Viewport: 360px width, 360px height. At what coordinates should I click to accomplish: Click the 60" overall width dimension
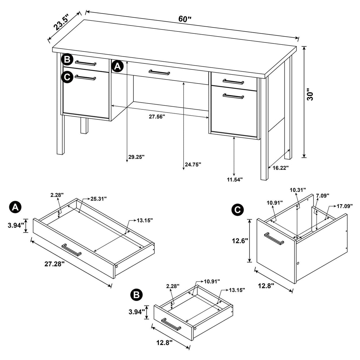tap(185, 19)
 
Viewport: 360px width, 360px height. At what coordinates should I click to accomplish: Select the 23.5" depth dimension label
tap(61, 22)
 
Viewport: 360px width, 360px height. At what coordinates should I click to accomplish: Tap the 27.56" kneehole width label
tap(157, 117)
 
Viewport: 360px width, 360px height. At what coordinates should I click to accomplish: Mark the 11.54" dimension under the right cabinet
tap(234, 179)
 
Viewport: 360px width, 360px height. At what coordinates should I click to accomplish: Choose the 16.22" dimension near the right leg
tap(280, 168)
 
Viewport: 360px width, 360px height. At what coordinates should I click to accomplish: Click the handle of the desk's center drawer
tap(160, 72)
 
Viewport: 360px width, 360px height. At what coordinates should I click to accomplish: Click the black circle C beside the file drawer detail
tap(237, 210)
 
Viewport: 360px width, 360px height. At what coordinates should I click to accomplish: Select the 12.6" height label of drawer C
tap(240, 241)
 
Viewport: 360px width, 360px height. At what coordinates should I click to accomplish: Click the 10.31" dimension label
tap(298, 190)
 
